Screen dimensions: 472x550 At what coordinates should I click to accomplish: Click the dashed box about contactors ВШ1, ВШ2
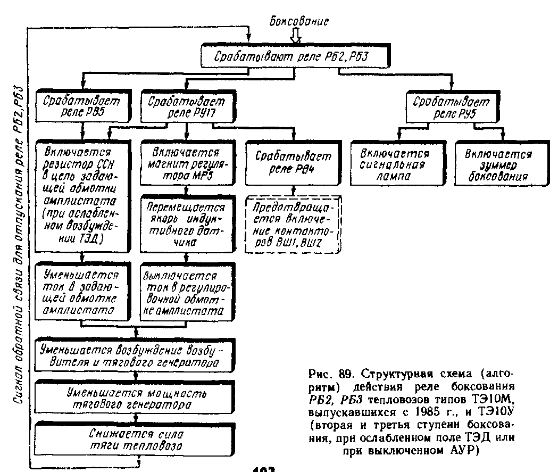coord(294,223)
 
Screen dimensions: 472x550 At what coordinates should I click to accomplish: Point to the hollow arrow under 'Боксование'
coord(296,36)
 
